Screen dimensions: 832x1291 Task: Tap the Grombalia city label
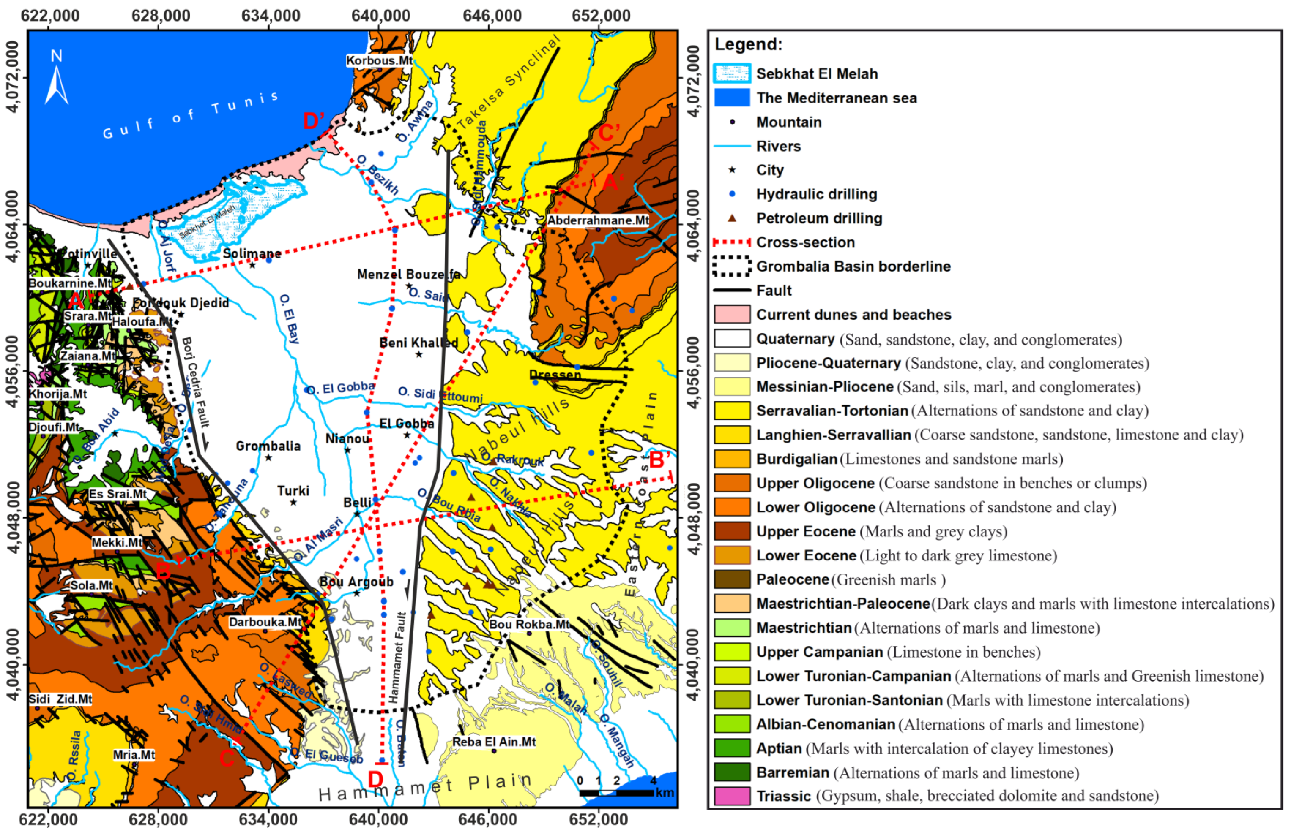click(268, 446)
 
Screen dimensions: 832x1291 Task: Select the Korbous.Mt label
click(379, 60)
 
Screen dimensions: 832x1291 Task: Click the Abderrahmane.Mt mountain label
click(598, 220)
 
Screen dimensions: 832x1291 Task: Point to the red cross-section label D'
click(314, 120)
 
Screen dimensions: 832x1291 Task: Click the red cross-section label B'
click(659, 460)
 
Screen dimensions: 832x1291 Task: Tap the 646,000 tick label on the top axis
click(492, 15)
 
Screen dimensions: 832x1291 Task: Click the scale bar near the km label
click(616, 793)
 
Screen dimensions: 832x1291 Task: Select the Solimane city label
click(252, 253)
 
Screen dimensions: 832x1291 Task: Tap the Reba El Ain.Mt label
click(494, 742)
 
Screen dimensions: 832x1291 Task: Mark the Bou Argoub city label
click(356, 582)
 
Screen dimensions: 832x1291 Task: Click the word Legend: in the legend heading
click(748, 44)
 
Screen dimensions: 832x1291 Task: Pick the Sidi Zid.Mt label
click(60, 699)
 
